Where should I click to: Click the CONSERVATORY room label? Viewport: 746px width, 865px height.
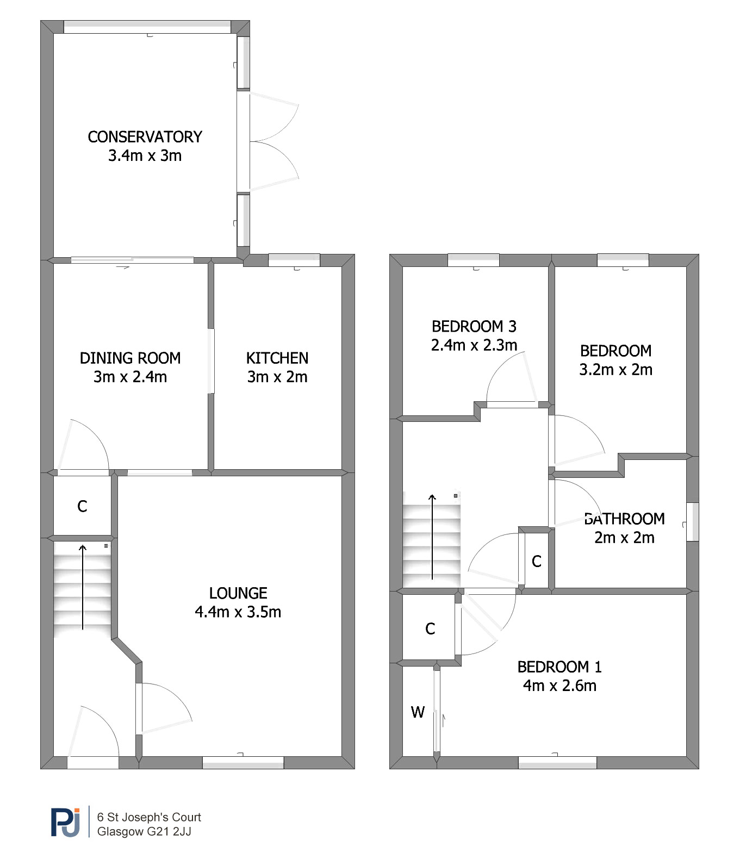pos(145,136)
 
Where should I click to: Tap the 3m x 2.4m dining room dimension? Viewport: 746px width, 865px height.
pos(130,377)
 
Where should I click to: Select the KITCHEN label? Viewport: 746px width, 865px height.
pos(277,358)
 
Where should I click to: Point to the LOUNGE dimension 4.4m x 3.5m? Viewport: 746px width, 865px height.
pos(238,612)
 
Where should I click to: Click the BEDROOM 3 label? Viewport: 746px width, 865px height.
pos(474,326)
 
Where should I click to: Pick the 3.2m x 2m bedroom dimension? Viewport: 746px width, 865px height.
pos(616,370)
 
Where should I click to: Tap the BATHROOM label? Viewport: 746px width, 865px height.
pos(624,519)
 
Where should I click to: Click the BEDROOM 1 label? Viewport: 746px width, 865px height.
pos(559,667)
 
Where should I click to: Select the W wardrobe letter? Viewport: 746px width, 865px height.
pos(418,712)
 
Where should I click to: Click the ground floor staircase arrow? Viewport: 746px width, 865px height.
pos(83,587)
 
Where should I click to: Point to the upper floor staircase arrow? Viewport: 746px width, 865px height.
pos(432,537)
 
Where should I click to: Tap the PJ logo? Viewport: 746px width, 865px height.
pos(66,822)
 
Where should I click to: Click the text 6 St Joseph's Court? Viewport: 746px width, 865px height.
pos(149,817)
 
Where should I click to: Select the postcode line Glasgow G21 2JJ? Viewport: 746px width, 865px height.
pos(144,831)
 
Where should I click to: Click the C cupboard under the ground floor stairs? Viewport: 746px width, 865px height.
pos(82,507)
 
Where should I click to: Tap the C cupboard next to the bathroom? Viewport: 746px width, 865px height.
pos(537,561)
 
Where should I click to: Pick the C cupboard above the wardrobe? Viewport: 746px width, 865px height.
pos(430,629)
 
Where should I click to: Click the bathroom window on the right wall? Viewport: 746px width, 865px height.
pos(692,522)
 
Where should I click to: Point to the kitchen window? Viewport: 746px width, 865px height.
pos(294,260)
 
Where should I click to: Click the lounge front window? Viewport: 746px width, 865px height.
pos(243,762)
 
